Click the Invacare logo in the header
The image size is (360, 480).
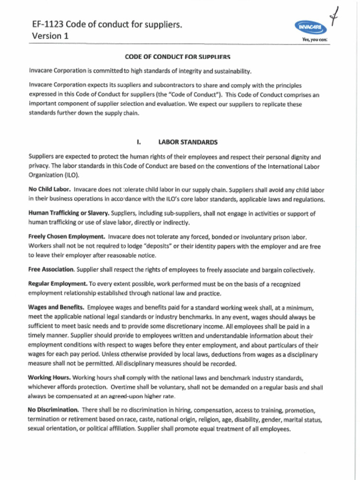(311, 28)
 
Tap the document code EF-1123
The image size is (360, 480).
(47, 24)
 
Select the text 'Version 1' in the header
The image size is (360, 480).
(47, 36)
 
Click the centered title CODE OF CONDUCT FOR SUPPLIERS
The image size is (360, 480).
(177, 57)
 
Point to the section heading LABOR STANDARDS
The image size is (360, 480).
(187, 142)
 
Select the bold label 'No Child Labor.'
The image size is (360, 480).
(49, 190)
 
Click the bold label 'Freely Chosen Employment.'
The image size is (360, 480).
(67, 237)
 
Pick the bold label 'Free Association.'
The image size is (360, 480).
(51, 270)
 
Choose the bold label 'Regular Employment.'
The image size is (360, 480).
(58, 284)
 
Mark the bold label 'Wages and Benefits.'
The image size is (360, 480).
(56, 307)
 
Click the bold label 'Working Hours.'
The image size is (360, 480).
(49, 378)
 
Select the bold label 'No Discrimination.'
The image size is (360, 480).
(53, 410)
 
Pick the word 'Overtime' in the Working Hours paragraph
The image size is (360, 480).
(125, 388)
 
